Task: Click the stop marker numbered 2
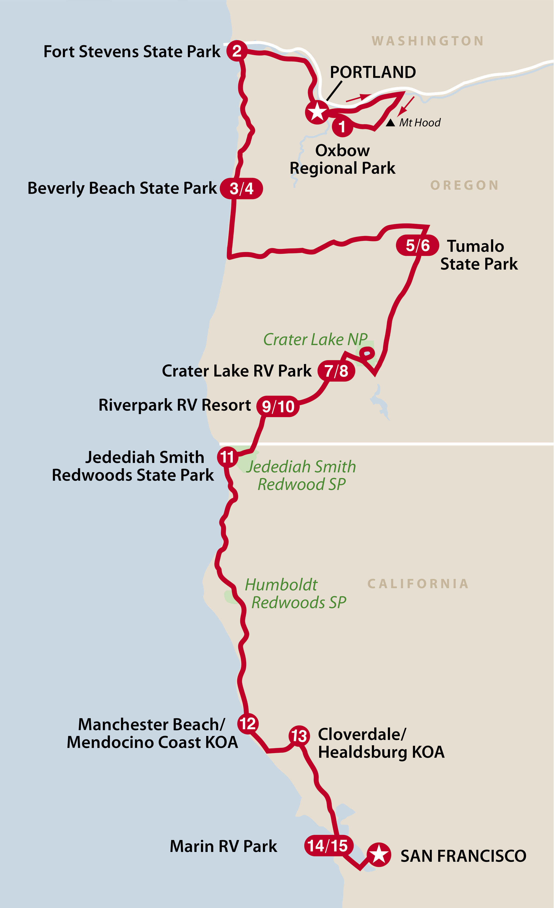(x=237, y=51)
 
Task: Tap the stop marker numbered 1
(x=342, y=126)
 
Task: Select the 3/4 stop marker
(x=241, y=188)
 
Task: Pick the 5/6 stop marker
(x=417, y=245)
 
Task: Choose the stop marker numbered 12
(x=248, y=723)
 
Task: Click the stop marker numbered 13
(x=299, y=736)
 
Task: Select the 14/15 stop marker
(x=327, y=846)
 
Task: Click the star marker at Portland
(x=317, y=112)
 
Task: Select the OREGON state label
(x=464, y=185)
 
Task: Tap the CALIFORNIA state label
(x=418, y=584)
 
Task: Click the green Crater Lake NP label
(x=315, y=339)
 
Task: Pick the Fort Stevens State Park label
(x=132, y=52)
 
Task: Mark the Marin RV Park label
(x=223, y=846)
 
